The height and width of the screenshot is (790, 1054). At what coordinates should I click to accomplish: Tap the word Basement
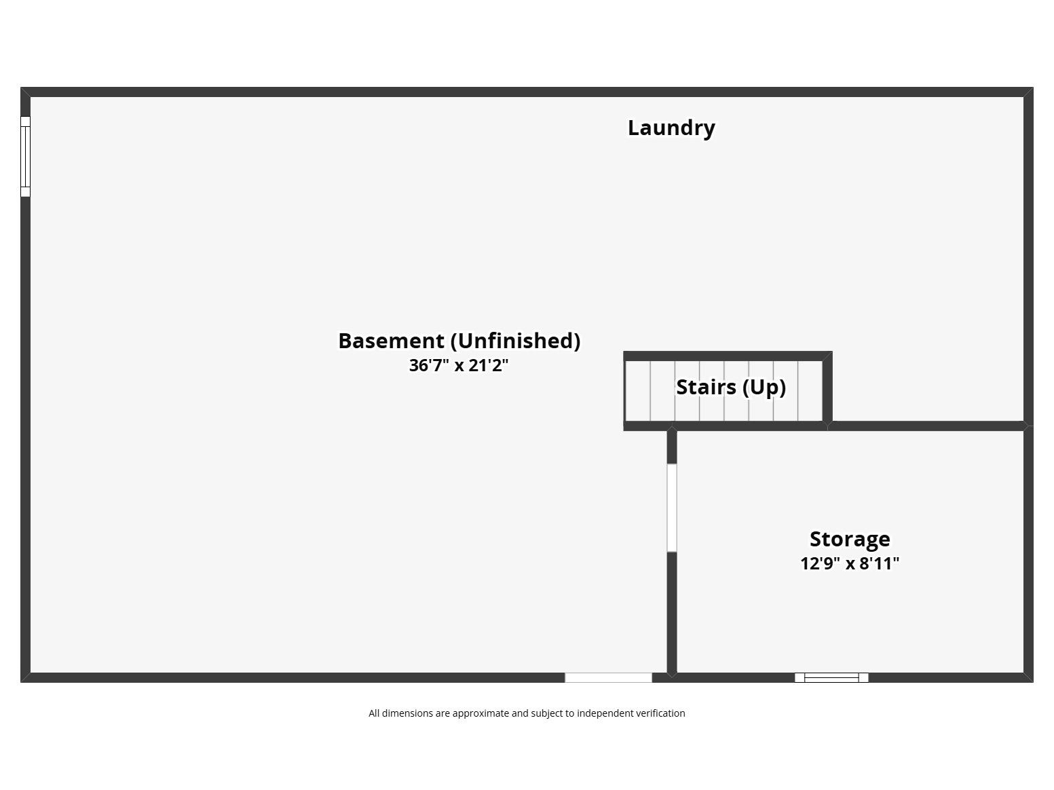click(392, 341)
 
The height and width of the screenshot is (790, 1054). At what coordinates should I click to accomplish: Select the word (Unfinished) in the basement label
click(515, 341)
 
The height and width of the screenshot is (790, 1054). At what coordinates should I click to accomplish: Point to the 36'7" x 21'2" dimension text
click(459, 365)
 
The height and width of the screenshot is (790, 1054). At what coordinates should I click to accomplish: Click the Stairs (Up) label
click(731, 388)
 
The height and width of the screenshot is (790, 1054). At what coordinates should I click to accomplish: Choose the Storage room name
click(850, 540)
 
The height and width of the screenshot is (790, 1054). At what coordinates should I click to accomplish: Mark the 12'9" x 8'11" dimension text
click(850, 563)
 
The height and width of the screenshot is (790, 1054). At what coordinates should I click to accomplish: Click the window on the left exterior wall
click(25, 157)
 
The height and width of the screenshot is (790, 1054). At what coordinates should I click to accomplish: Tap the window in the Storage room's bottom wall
click(831, 678)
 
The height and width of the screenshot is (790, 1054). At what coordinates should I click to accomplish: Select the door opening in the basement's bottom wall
click(608, 678)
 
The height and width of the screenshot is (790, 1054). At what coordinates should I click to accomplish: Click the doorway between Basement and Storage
click(672, 508)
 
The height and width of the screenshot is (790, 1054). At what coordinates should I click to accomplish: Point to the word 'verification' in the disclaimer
click(661, 713)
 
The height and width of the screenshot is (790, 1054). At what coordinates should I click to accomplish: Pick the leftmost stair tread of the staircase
click(638, 391)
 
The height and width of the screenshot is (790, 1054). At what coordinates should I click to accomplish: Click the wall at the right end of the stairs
click(827, 389)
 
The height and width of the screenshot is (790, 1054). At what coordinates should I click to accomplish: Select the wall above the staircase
click(728, 356)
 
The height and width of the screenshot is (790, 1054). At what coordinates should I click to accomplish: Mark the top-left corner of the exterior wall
click(20, 88)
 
